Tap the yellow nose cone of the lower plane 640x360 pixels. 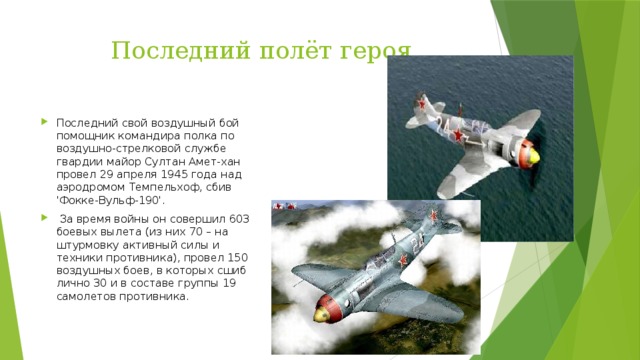tap(321, 314)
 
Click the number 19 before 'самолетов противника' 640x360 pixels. tap(228, 283)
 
